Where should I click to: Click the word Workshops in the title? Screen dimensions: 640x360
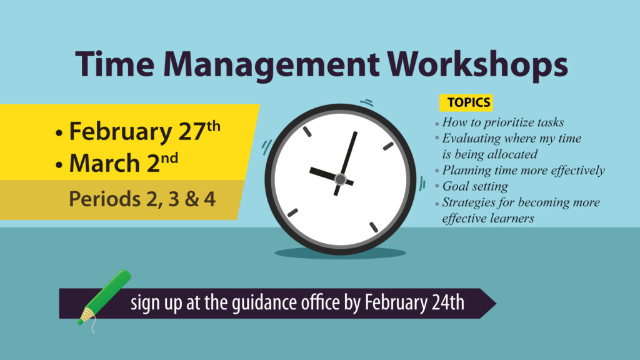tap(477, 65)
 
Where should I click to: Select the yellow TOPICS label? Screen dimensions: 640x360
tap(466, 102)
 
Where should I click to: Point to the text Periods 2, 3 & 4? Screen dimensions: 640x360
tap(142, 199)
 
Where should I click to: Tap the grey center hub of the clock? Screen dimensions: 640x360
tap(340, 179)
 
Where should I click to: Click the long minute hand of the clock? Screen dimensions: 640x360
tap(346, 162)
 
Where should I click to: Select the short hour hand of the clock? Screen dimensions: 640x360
tap(331, 176)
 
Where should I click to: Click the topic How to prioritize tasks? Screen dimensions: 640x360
tap(503, 122)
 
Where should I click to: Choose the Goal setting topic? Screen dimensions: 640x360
tap(475, 186)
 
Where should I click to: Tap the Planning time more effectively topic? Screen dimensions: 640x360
tap(524, 170)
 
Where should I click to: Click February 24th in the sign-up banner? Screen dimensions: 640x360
tap(414, 303)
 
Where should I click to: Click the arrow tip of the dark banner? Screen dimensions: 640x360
tap(496, 303)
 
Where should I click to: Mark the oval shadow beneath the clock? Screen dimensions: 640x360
tap(341, 253)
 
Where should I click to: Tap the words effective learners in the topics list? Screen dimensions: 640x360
tap(488, 218)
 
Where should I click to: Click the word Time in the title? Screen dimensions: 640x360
tap(115, 64)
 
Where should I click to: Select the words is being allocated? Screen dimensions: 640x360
tap(490, 154)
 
